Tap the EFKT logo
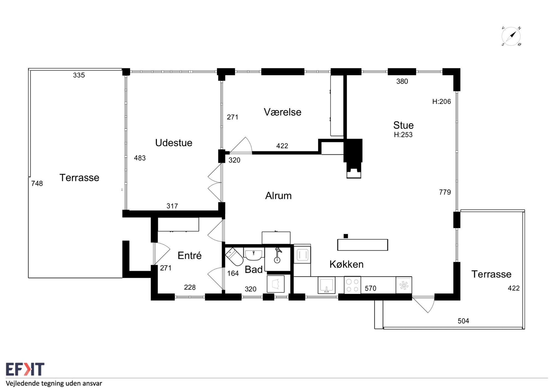(25, 369)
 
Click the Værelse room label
(282, 112)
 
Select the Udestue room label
(174, 143)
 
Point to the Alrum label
(278, 196)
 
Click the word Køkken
(346, 264)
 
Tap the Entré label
(189, 255)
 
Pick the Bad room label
(254, 269)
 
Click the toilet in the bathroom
(234, 257)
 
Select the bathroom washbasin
(254, 254)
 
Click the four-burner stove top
(352, 285)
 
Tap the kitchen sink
(327, 285)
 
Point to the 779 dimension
(445, 192)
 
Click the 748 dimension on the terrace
(37, 183)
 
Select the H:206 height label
(442, 101)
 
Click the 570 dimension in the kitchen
(371, 288)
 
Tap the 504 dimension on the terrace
(463, 321)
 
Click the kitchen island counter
(362, 245)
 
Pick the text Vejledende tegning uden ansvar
(54, 384)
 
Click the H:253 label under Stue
(403, 135)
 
